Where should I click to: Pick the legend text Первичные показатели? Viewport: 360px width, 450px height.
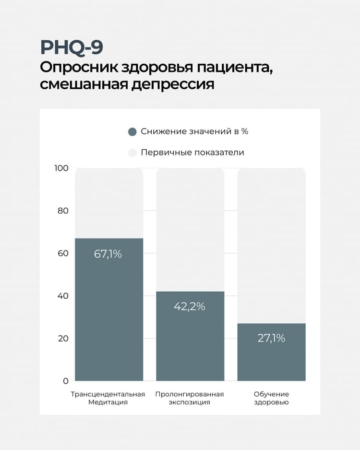(x=192, y=153)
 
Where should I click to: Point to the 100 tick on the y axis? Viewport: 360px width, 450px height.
(x=62, y=168)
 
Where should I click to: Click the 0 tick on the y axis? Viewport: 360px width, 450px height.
(x=66, y=381)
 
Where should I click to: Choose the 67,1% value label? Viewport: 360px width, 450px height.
(x=108, y=254)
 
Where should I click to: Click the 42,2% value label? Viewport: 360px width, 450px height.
(x=190, y=307)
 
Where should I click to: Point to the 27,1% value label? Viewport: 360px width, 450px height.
(x=271, y=338)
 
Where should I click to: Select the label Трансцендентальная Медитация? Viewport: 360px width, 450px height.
(x=108, y=398)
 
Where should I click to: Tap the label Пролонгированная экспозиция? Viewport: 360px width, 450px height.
(x=190, y=398)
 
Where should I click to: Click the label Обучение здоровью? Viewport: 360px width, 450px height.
(x=271, y=398)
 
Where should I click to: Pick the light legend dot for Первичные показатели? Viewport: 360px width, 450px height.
(x=132, y=153)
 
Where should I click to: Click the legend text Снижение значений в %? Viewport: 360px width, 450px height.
(x=194, y=131)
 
